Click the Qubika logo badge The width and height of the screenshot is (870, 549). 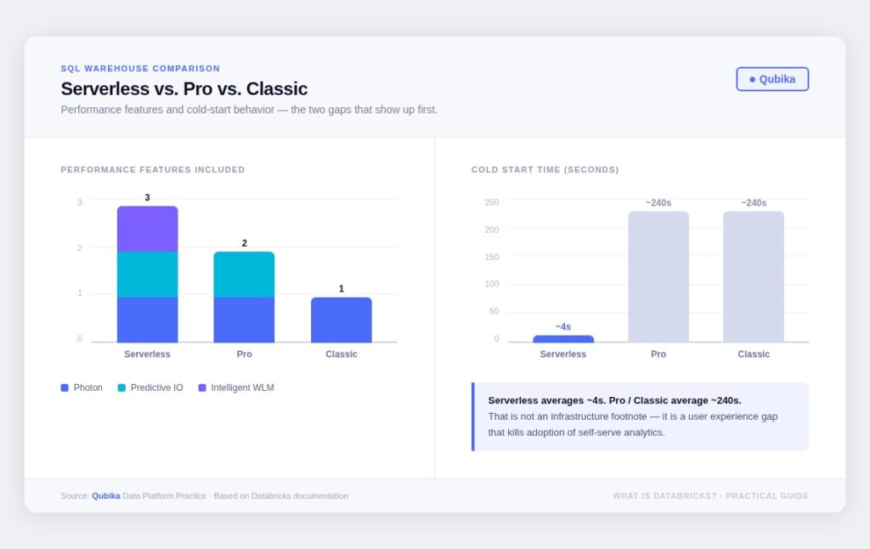(772, 79)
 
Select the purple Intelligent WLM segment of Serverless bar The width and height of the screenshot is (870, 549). (147, 229)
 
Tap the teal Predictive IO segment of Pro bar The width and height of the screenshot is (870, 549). (244, 274)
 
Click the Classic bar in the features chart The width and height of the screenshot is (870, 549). (341, 320)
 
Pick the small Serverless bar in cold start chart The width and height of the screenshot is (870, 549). (562, 339)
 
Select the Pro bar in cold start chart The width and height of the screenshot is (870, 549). (658, 276)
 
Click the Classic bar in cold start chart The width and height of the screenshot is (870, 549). (754, 276)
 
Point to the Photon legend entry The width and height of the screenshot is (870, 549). (82, 388)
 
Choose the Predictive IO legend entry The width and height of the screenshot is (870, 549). (150, 388)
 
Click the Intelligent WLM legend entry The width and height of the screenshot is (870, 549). (236, 388)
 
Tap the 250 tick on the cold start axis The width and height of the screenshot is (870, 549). (492, 202)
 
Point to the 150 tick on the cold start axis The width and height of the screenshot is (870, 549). (492, 257)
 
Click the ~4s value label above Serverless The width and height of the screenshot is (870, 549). (563, 327)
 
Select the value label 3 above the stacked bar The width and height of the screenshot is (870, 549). (147, 198)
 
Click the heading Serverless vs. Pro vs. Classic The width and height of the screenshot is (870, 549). (184, 88)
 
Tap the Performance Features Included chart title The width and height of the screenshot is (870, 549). (153, 170)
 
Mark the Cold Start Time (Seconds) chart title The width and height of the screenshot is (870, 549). (545, 170)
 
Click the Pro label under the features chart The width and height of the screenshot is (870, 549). (245, 354)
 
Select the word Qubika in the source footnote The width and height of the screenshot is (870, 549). (106, 496)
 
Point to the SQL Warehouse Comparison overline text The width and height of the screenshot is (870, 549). (140, 69)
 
